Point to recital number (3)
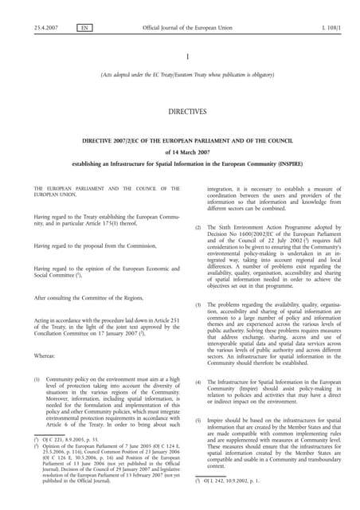[199, 305]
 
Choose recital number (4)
[199, 382]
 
